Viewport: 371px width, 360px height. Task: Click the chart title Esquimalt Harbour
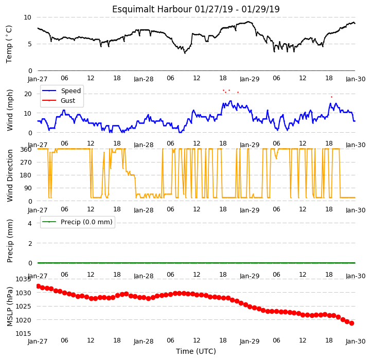click(x=152, y=9)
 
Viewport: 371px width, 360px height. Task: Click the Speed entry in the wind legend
click(x=70, y=91)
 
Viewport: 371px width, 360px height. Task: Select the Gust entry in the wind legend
click(x=68, y=101)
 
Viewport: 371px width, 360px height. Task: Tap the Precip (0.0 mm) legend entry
click(x=86, y=222)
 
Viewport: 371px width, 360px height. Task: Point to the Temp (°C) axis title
click(x=9, y=44)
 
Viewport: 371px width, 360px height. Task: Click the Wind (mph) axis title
click(x=10, y=110)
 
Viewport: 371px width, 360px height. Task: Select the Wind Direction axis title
click(x=10, y=175)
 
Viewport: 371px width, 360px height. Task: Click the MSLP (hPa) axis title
click(x=10, y=307)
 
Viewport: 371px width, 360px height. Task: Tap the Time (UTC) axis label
click(x=196, y=351)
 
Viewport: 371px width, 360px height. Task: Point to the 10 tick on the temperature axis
click(x=27, y=17)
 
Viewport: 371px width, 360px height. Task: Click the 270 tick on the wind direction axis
click(x=26, y=163)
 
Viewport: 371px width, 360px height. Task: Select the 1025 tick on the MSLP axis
click(x=24, y=307)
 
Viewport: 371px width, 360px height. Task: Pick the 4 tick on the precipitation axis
click(x=30, y=223)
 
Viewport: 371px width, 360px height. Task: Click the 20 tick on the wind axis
click(x=28, y=94)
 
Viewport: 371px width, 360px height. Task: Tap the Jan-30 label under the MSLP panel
click(x=356, y=341)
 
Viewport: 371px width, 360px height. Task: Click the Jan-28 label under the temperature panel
click(x=144, y=79)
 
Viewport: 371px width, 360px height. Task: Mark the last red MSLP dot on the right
click(x=351, y=323)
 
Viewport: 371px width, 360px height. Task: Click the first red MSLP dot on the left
click(x=38, y=286)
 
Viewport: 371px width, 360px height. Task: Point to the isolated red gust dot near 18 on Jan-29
click(x=331, y=97)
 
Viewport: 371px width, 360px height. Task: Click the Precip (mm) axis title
click(x=10, y=241)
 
